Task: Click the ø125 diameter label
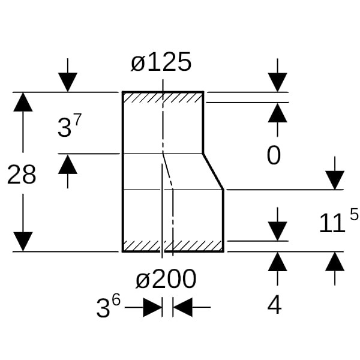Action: [x=161, y=62]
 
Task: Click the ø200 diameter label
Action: [x=166, y=279]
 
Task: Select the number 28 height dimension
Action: [x=22, y=175]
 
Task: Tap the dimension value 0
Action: [x=274, y=156]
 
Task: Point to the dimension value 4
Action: [x=275, y=305]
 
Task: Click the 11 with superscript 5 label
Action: [x=338, y=222]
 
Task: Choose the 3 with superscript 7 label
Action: [x=70, y=127]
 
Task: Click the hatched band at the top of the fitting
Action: [x=163, y=97]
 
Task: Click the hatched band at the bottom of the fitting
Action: [x=172, y=246]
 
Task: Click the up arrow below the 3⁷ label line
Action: [x=68, y=164]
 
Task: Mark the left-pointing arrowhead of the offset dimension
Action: [x=182, y=308]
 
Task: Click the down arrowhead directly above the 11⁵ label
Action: [x=335, y=179]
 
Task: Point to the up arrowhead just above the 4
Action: [x=277, y=262]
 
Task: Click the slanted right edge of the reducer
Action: [x=213, y=172]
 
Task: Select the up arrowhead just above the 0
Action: [x=277, y=113]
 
